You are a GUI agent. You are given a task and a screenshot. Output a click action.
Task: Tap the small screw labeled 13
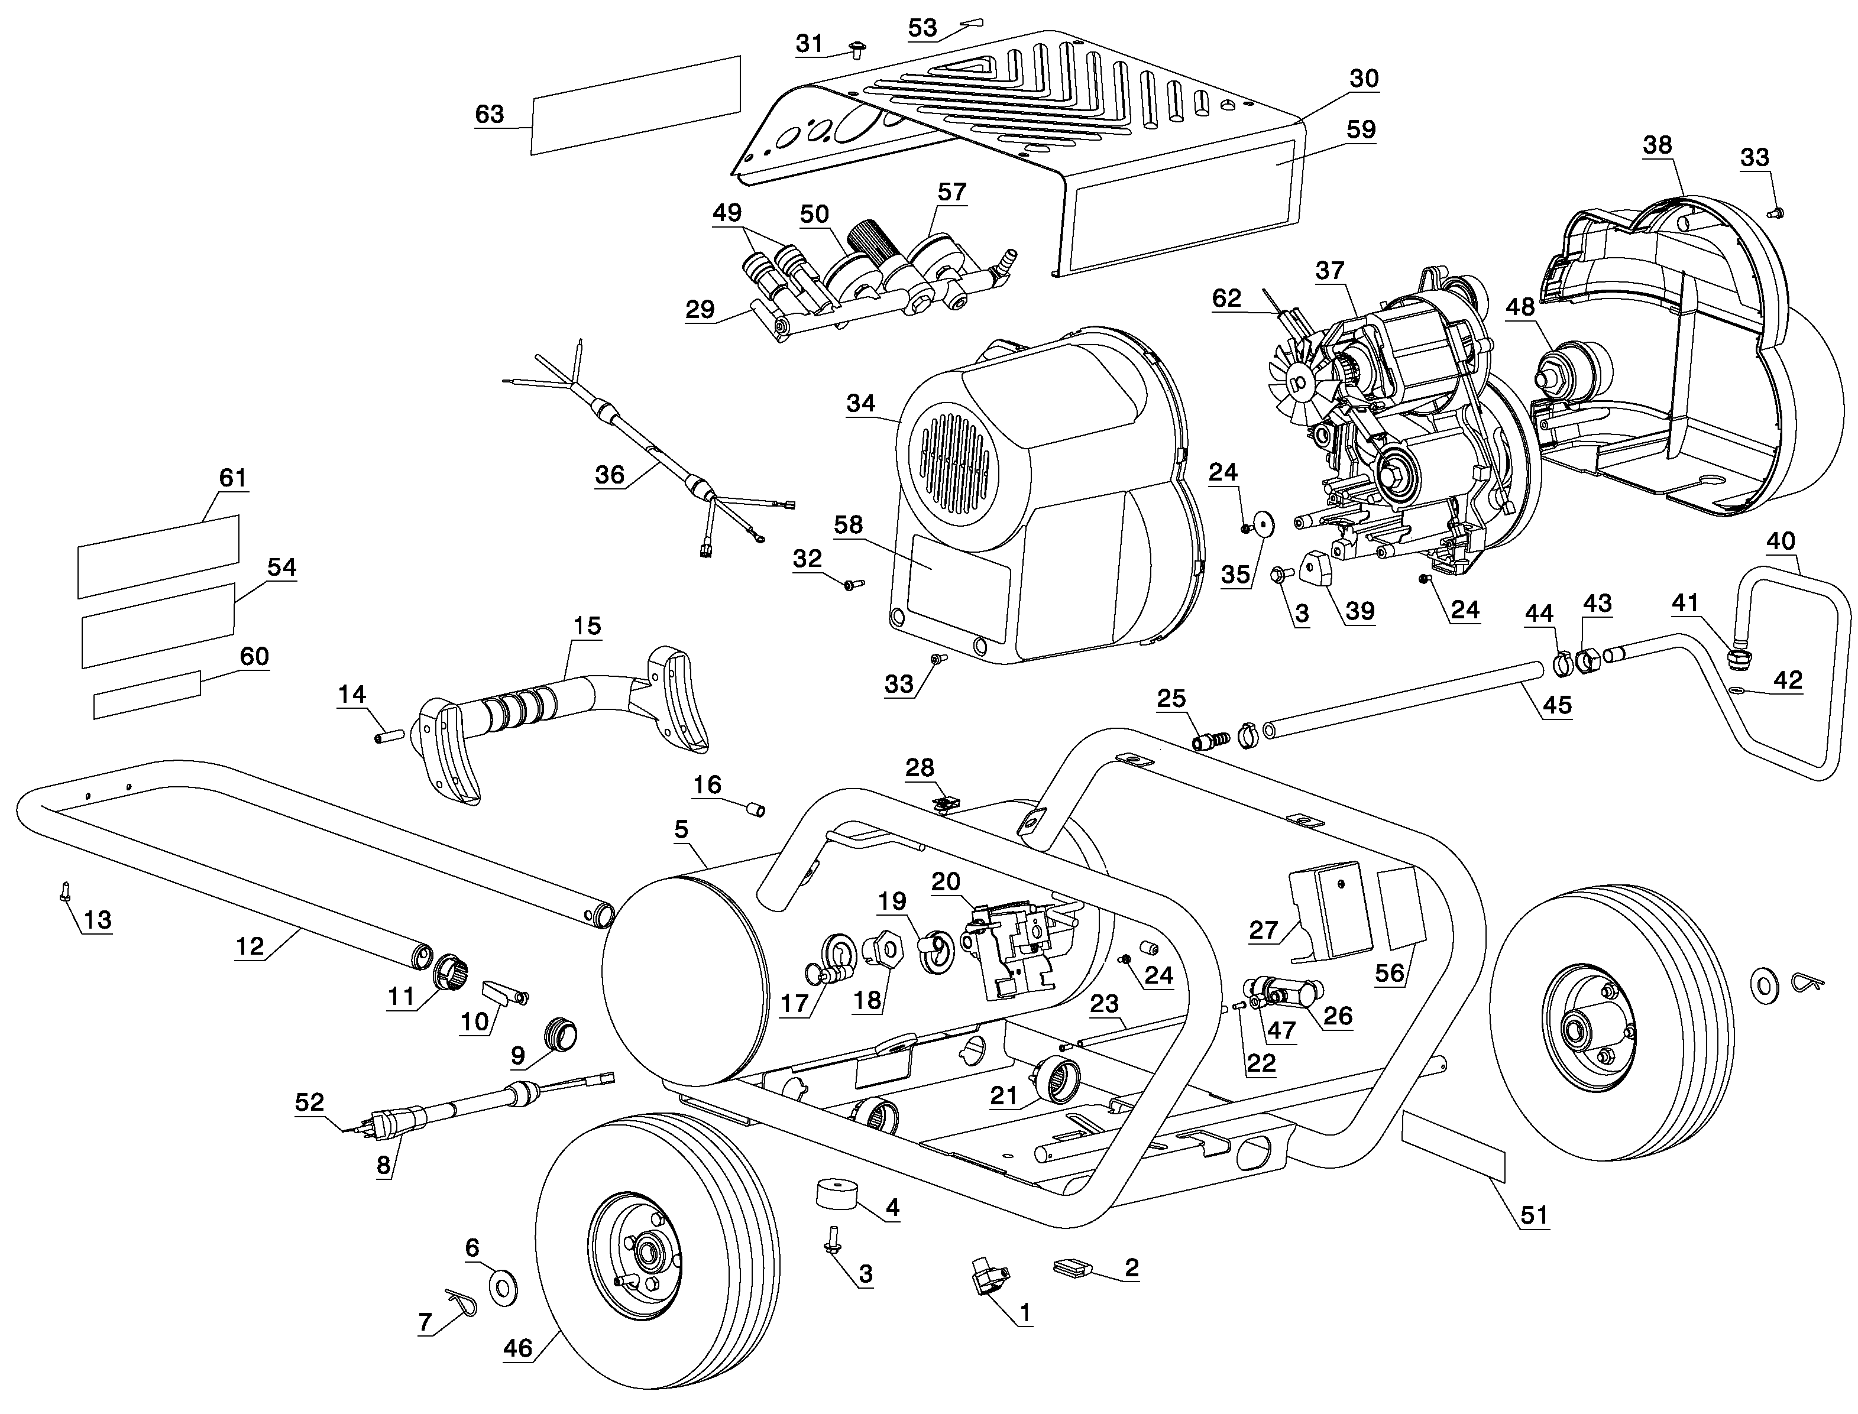65,890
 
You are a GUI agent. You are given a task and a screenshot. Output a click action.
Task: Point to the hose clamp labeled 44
1560,663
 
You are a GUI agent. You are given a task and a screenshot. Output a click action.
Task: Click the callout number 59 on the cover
1361,129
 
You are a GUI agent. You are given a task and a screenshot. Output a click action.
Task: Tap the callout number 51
1533,1215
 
